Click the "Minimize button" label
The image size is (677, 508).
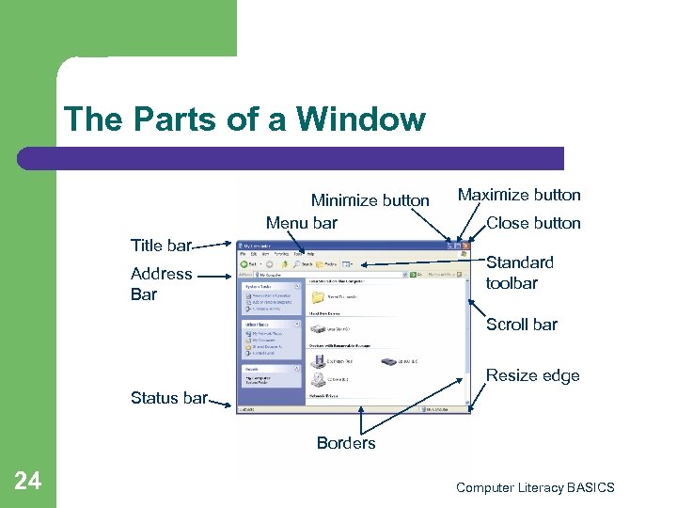370,200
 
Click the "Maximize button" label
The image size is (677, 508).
519,195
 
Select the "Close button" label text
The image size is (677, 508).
533,223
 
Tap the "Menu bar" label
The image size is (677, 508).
301,223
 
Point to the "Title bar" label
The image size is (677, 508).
161,246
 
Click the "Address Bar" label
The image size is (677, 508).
161,283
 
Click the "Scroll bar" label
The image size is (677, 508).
522,325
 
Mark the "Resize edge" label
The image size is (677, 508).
532,375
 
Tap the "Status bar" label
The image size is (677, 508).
168,398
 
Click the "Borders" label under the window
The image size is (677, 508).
346,443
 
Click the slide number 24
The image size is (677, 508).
28,482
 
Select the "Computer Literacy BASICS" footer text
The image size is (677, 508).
535,487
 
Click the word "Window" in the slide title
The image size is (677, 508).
361,119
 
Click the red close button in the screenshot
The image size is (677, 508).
464,245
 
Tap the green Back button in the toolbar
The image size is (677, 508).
244,264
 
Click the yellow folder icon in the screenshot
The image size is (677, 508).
318,296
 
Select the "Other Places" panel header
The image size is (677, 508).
254,324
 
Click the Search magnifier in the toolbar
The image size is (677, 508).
298,264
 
